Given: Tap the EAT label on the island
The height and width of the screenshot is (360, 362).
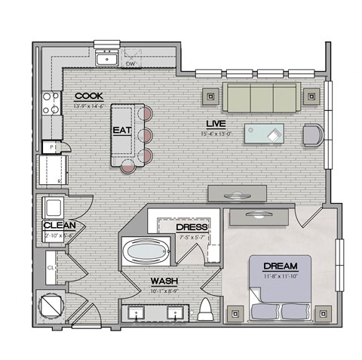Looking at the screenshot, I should point(122,130).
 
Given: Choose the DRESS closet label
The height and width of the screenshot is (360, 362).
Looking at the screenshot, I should point(192,227).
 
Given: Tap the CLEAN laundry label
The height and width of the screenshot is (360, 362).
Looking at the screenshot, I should point(57,225).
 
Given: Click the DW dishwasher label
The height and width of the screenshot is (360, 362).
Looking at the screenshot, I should point(130,65).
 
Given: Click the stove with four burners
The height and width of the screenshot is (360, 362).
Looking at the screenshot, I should point(51,103).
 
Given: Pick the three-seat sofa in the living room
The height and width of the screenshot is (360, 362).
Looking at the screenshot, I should point(262,97).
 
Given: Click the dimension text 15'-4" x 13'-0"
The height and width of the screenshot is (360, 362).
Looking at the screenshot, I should point(216,134).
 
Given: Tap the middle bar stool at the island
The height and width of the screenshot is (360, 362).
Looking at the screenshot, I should point(146,137).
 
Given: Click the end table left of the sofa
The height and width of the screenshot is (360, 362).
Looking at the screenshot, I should point(210,96).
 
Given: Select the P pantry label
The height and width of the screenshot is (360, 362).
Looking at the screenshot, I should point(52,146).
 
